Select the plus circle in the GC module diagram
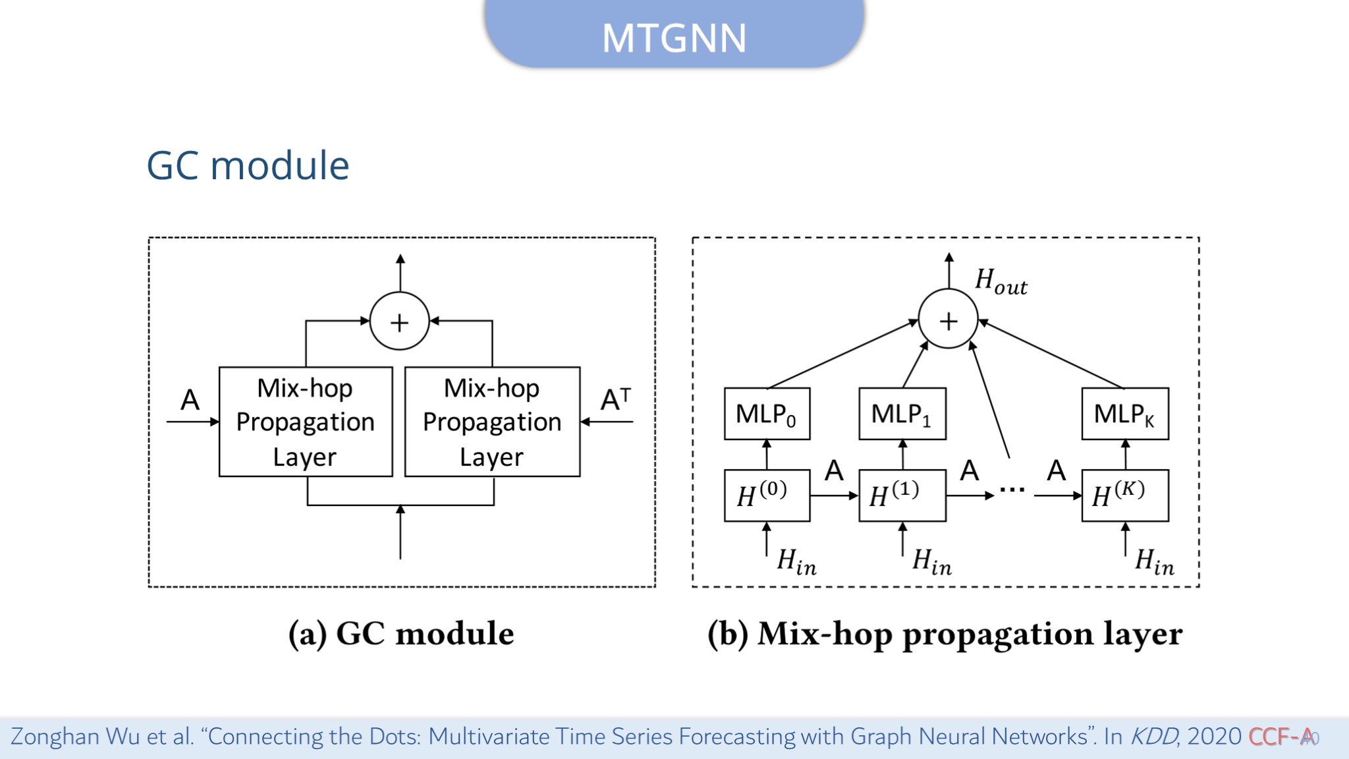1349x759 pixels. (x=399, y=322)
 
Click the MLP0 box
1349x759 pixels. (x=767, y=414)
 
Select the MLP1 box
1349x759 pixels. (x=902, y=414)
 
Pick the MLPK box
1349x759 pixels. (x=1125, y=414)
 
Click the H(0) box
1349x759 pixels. (x=767, y=495)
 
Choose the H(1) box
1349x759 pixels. (x=902, y=495)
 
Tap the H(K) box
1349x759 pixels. (x=1125, y=495)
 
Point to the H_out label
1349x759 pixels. (x=1001, y=281)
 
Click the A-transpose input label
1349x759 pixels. (x=616, y=399)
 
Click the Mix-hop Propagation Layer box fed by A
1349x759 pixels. (x=306, y=422)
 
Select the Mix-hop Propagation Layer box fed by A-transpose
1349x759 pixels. (x=492, y=422)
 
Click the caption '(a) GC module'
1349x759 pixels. (x=401, y=634)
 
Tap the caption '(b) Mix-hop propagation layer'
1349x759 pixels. (x=945, y=634)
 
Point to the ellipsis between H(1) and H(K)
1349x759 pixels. (x=1012, y=490)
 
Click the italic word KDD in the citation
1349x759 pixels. (x=1153, y=736)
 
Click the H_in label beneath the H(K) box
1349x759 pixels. (x=1154, y=562)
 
